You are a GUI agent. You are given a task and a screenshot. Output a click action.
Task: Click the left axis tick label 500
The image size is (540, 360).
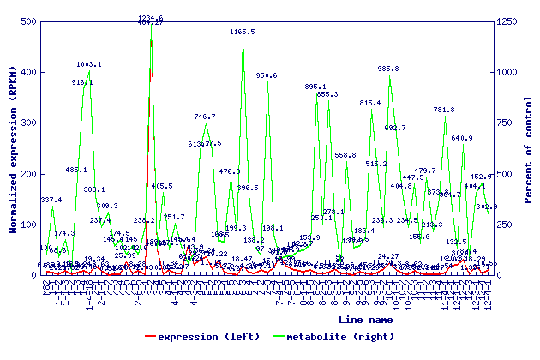click(26, 21)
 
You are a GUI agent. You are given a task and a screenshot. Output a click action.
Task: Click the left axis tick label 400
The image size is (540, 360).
click(26, 72)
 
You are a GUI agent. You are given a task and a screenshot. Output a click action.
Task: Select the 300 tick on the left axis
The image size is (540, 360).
click(26, 123)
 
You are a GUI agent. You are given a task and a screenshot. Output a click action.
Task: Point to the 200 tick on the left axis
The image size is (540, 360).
click(26, 174)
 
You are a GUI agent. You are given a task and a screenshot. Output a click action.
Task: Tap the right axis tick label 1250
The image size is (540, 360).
click(512, 21)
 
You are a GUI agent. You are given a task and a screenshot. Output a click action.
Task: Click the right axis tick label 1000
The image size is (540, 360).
click(512, 72)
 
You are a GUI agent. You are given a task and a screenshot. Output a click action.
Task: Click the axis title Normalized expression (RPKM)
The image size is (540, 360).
click(13, 147)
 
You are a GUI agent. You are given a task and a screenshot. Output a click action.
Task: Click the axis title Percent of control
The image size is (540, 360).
click(530, 147)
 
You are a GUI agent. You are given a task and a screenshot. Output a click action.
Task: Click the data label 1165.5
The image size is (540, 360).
click(243, 32)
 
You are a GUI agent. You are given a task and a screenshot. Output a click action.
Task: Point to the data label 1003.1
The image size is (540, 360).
click(89, 64)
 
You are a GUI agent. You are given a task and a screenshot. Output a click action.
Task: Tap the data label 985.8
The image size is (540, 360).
click(388, 69)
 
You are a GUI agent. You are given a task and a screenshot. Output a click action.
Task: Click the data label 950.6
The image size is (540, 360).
click(267, 75)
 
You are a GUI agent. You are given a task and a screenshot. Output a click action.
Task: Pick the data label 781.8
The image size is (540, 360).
click(444, 110)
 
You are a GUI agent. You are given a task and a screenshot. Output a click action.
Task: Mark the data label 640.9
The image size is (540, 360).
click(462, 138)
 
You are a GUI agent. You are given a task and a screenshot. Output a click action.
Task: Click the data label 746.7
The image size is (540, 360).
click(205, 117)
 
